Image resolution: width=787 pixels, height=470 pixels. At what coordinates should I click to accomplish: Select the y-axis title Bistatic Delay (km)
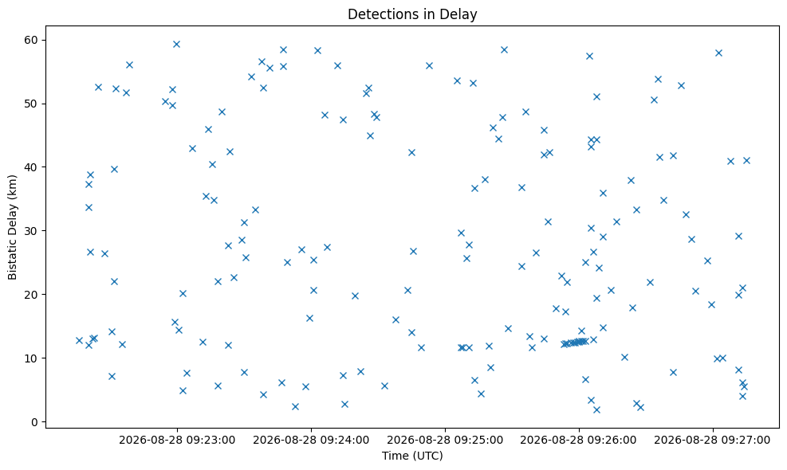click(x=13, y=227)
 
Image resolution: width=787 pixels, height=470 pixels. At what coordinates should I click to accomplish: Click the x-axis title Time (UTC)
click(x=412, y=456)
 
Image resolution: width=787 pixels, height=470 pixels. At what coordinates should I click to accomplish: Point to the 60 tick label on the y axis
click(x=32, y=40)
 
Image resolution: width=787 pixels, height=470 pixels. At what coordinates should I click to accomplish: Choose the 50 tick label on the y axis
click(x=32, y=104)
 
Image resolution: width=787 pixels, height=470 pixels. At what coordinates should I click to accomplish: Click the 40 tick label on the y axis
click(x=32, y=167)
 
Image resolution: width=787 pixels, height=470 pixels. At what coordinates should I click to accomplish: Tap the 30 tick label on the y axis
click(x=32, y=231)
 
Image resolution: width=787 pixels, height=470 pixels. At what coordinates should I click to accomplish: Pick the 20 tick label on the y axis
click(x=32, y=295)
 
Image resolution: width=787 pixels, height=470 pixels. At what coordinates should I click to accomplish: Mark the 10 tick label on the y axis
click(x=32, y=358)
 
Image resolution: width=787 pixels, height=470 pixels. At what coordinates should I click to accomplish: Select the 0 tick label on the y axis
click(x=35, y=422)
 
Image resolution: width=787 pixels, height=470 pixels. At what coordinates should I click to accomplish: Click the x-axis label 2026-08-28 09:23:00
click(x=177, y=441)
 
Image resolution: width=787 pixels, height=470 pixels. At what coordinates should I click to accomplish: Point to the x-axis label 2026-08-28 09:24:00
click(x=311, y=441)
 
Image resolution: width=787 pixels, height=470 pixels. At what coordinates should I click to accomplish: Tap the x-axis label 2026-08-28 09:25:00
click(x=445, y=441)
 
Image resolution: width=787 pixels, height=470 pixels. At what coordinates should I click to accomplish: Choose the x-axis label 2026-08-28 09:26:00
click(x=579, y=441)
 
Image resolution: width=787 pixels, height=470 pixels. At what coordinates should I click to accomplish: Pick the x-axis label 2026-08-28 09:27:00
click(x=713, y=441)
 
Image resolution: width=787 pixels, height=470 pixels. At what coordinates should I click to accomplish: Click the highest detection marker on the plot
click(x=177, y=44)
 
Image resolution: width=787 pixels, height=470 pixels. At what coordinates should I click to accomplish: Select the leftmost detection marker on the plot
click(x=79, y=341)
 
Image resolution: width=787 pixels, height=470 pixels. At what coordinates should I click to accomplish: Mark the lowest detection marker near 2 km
click(x=596, y=409)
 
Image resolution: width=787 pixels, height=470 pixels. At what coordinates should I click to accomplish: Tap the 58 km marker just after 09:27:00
click(x=718, y=53)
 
